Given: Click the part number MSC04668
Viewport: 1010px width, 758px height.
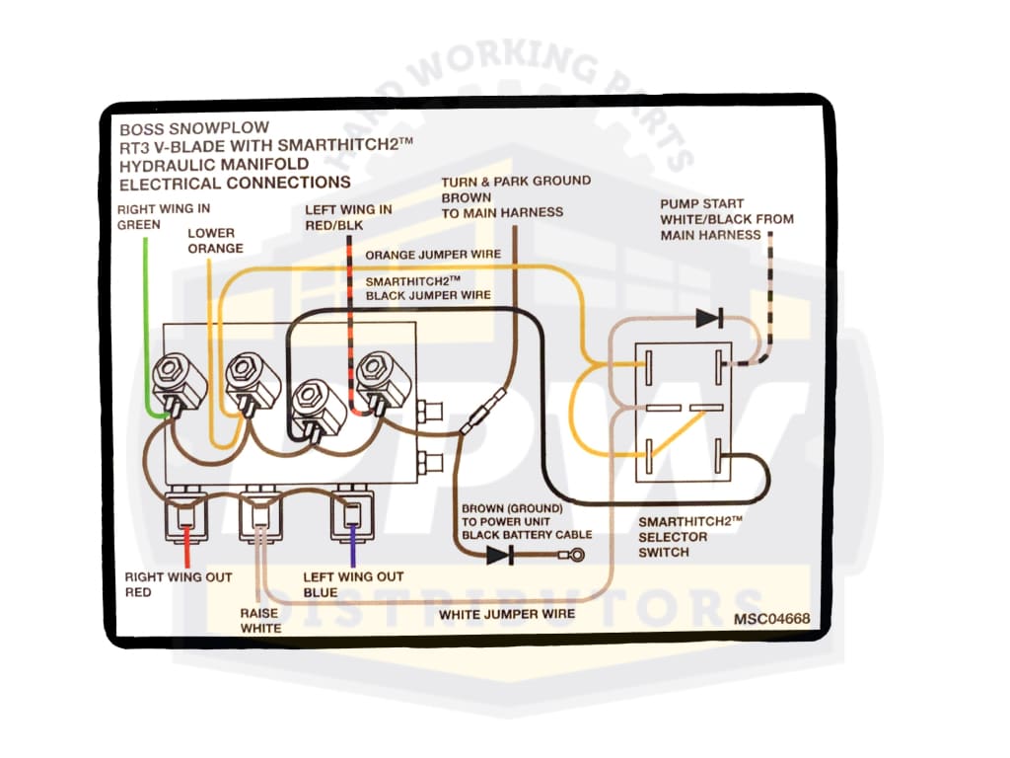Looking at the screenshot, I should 771,619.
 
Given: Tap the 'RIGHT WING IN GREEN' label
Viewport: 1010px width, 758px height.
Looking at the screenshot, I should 164,216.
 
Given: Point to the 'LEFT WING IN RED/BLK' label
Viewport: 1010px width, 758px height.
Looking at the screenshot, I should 348,217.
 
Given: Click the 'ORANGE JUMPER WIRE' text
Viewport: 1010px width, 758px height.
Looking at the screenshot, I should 433,255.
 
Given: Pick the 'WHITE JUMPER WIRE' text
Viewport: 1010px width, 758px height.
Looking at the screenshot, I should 506,615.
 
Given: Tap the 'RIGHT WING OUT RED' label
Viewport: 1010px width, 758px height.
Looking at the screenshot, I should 178,584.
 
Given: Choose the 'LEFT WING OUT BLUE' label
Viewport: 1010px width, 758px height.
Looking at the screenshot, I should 353,584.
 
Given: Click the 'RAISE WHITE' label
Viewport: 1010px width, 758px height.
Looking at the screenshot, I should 260,620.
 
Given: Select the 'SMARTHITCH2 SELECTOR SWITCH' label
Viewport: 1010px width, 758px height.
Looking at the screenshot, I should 688,536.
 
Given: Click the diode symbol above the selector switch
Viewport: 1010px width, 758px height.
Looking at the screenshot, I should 708,318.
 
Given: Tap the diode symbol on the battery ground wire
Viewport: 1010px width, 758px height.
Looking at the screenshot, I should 499,555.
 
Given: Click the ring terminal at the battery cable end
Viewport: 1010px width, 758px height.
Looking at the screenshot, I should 579,555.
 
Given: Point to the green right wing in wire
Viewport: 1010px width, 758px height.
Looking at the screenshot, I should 145,316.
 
